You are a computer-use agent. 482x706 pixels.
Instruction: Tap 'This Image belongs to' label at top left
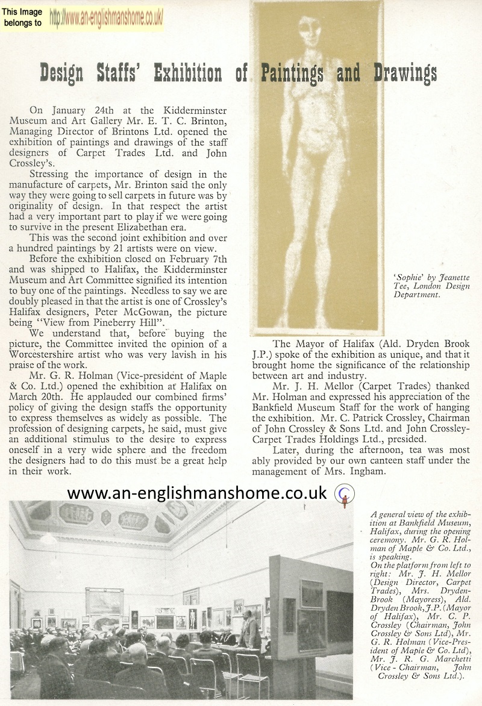tap(23, 17)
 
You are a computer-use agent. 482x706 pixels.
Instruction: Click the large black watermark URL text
tap(196, 493)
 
